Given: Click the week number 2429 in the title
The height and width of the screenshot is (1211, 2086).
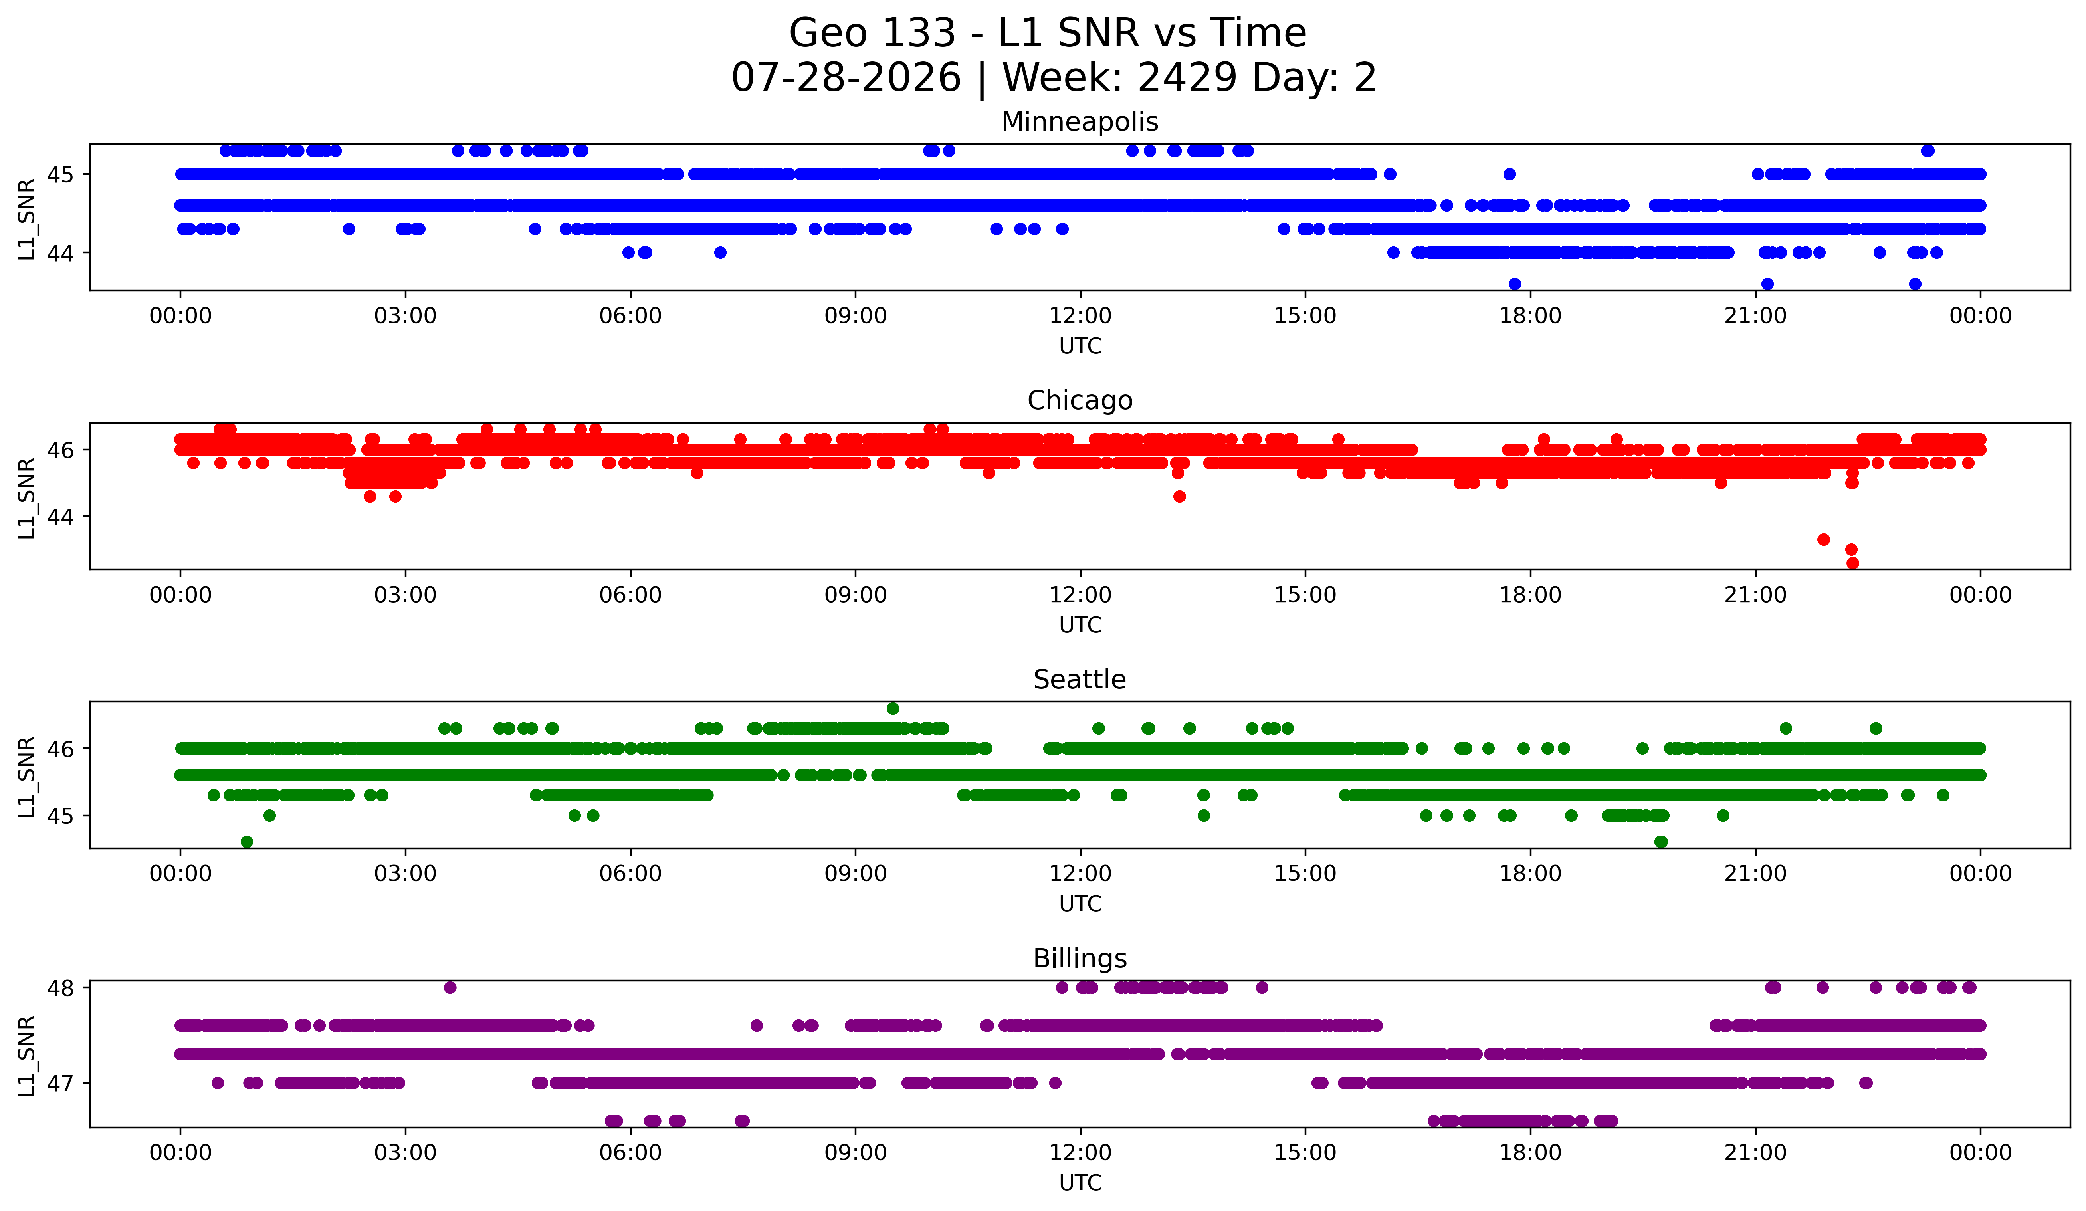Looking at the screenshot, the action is [x=1188, y=78].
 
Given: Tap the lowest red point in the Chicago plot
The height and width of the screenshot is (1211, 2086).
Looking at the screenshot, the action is [x=1852, y=563].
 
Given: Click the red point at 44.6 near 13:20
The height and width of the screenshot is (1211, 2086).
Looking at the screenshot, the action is [x=1180, y=497].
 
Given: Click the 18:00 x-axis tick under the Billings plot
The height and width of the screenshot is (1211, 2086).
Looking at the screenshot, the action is [x=1531, y=1152].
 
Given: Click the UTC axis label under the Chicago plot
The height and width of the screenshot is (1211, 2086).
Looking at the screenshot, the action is [x=1080, y=625].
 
